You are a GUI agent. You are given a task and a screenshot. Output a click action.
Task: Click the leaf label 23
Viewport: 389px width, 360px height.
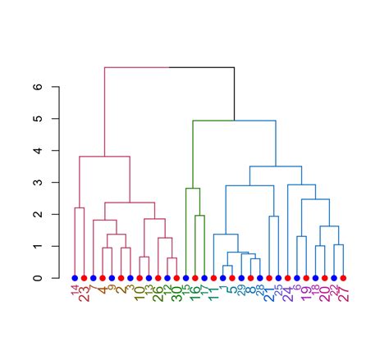(85, 294)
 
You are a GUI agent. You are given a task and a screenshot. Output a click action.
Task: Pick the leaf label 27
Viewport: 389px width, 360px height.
(343, 294)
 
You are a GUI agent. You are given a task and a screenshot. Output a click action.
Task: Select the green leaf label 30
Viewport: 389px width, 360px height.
(176, 294)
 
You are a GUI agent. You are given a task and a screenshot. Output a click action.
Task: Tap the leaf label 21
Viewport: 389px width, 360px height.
(269, 294)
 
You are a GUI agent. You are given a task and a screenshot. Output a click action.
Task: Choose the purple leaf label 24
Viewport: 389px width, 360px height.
(287, 294)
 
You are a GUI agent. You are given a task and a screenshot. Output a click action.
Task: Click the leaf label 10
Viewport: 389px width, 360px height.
(140, 294)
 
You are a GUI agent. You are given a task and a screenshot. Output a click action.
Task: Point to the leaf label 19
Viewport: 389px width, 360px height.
(306, 294)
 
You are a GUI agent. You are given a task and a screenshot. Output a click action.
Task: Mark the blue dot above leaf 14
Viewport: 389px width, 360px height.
(75, 278)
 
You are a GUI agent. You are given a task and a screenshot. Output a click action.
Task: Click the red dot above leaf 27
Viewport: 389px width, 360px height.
(343, 278)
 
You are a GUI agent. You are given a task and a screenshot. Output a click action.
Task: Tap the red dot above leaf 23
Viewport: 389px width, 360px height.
(84, 278)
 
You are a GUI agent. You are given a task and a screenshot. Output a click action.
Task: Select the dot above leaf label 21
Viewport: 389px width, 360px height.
(269, 278)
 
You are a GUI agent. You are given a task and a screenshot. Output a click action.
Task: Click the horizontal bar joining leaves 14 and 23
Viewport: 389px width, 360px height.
(80, 207)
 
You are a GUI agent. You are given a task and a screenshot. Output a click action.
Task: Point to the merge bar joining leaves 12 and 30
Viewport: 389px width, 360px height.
(172, 258)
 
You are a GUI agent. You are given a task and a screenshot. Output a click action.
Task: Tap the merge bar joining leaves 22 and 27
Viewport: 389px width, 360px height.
(338, 244)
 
